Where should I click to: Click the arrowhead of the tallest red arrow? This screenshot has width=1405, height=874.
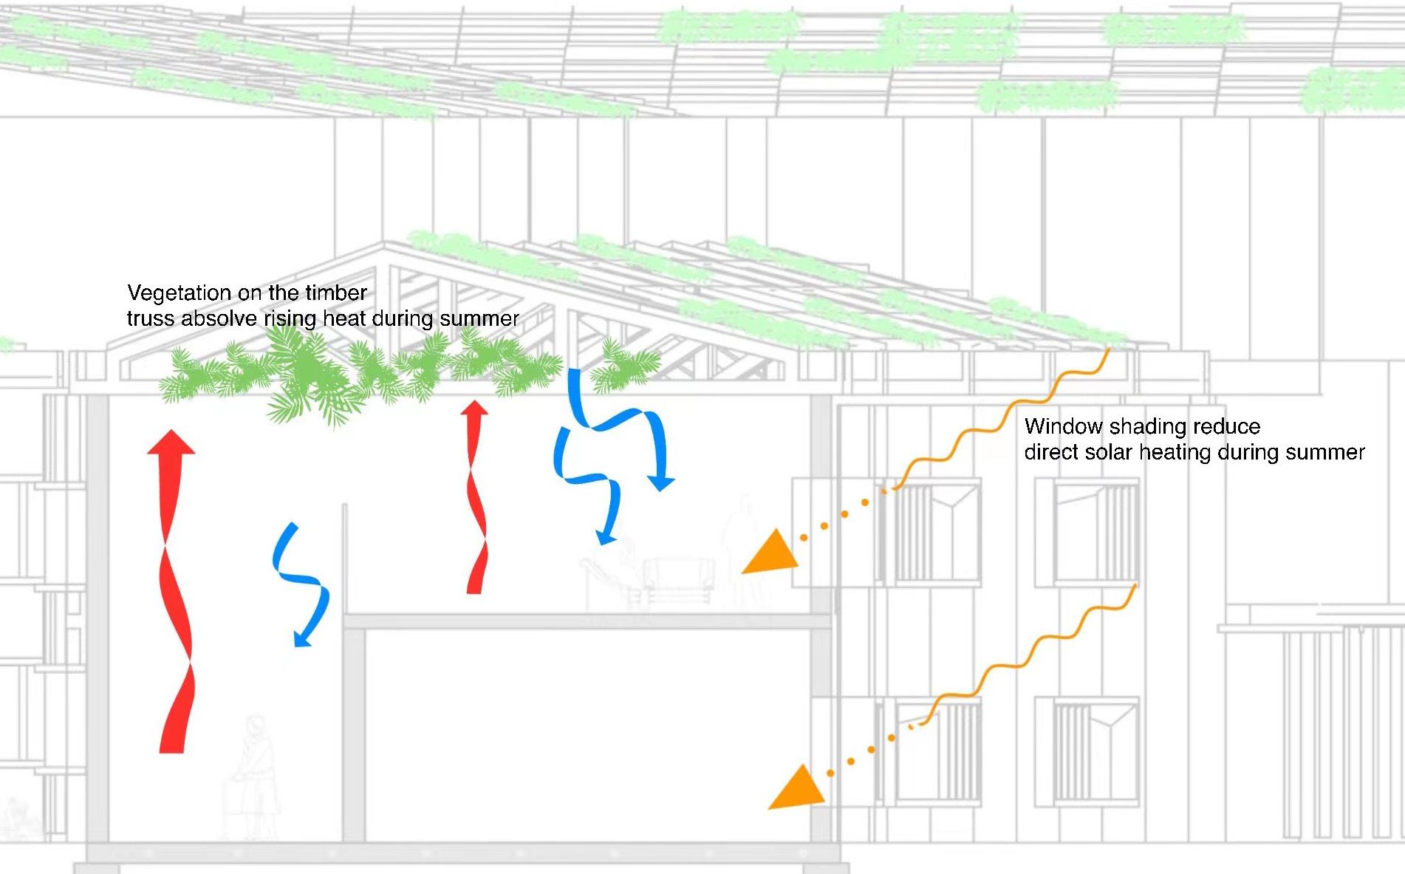(171, 443)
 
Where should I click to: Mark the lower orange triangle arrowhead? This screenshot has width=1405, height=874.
(797, 789)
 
